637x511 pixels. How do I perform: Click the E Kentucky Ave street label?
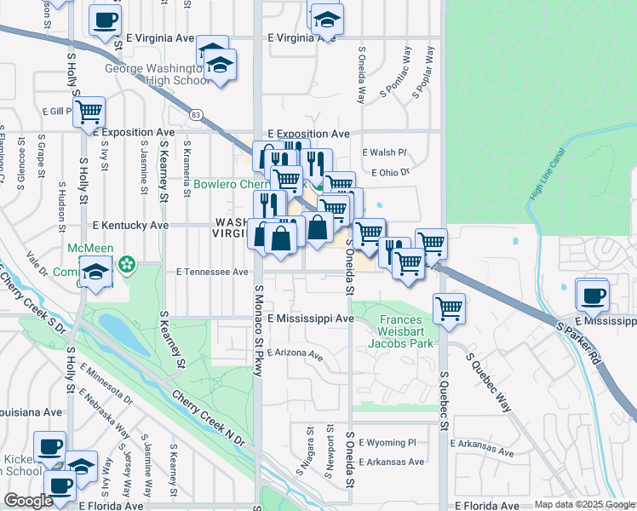pos(130,225)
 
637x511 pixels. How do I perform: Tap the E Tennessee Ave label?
pos(212,273)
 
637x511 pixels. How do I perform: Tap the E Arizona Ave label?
pos(295,353)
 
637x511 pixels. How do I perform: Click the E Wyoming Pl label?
pos(387,443)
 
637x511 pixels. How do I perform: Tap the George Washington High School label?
pos(157,75)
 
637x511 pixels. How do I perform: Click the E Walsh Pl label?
pos(385,152)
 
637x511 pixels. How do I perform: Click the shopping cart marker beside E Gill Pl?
pos(89,112)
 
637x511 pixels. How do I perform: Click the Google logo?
pos(28,501)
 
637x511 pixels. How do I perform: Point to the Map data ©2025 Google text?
pos(583,504)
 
